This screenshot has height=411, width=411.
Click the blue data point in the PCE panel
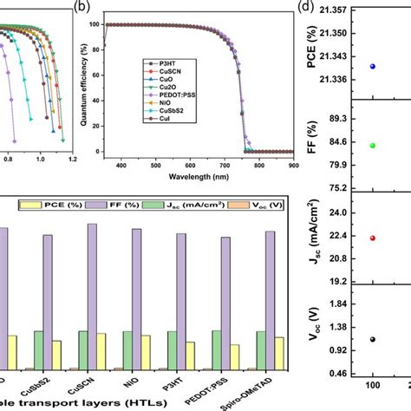[373, 66]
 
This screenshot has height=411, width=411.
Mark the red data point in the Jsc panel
[373, 238]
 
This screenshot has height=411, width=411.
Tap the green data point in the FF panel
[373, 145]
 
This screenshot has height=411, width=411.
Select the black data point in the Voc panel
[373, 339]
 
